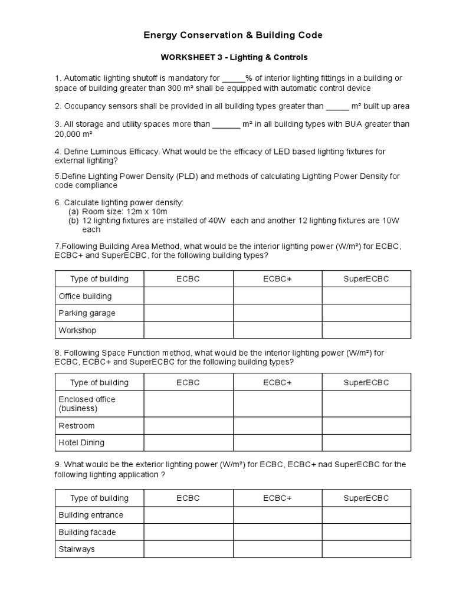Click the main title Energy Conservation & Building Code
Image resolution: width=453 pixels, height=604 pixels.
(x=233, y=35)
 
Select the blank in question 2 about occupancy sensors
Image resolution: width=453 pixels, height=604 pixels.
(x=337, y=107)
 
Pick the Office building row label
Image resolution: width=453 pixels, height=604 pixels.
(x=85, y=296)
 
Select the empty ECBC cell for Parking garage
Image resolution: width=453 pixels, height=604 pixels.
(x=188, y=313)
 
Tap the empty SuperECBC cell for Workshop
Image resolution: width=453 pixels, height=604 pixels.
(x=366, y=330)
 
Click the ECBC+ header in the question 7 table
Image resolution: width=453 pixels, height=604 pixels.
(x=277, y=279)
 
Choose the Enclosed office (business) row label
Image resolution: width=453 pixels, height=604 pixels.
(x=87, y=404)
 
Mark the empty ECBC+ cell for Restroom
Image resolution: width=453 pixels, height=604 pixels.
(x=277, y=426)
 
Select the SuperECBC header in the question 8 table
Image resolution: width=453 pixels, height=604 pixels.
(x=366, y=383)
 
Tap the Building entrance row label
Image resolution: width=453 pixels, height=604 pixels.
(x=91, y=515)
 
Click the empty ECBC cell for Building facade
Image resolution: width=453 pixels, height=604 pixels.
(x=188, y=532)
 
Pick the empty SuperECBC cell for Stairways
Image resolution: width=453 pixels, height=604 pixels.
(x=366, y=549)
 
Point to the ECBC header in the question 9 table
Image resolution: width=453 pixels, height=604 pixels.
(x=188, y=498)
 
